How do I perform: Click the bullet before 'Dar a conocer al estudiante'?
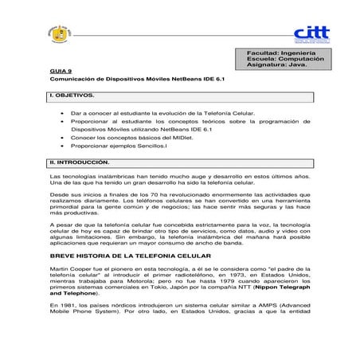[63, 115]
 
